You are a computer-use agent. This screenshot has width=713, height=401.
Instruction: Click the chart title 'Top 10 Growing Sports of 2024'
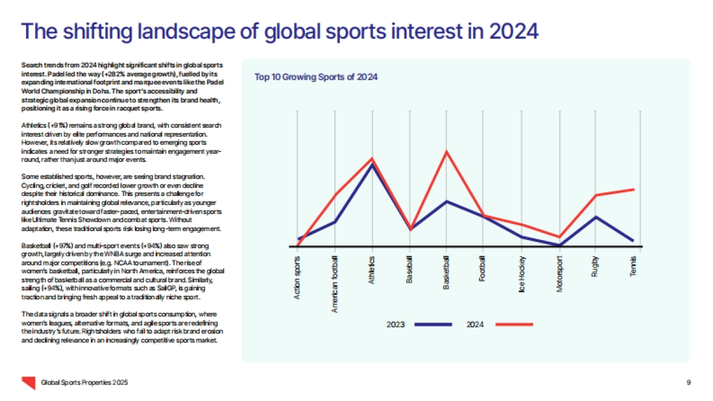coord(316,77)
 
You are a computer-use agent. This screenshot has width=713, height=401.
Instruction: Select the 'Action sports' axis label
coord(298,277)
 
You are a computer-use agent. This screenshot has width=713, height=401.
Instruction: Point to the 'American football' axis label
coord(335,284)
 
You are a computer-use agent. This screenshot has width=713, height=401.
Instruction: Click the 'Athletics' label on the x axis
coord(373,270)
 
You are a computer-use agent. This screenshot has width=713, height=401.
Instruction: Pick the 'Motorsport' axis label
coord(559,273)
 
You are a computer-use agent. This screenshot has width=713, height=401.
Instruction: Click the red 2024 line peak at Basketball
coord(447,151)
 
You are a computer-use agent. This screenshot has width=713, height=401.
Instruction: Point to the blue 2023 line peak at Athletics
coord(373,165)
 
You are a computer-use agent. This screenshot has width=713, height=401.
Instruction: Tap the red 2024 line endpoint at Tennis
coord(634,189)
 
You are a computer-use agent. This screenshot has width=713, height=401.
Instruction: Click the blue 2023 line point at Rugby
coord(596,217)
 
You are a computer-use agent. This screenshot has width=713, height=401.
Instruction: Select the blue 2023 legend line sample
coord(433,324)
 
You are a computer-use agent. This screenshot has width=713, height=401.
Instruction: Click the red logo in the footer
coord(27,382)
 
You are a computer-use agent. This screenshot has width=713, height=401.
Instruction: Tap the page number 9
coord(688,382)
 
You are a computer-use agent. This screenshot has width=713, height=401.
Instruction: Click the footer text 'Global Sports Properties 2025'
coord(84,382)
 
